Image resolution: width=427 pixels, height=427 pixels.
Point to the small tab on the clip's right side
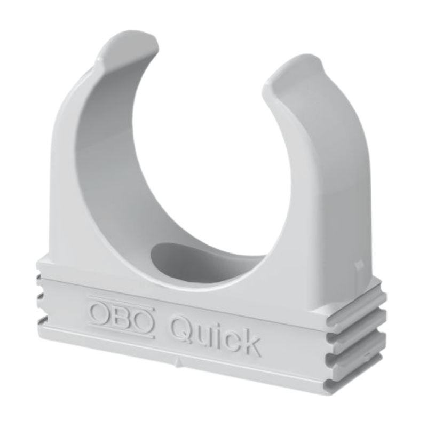pos(358,264)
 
